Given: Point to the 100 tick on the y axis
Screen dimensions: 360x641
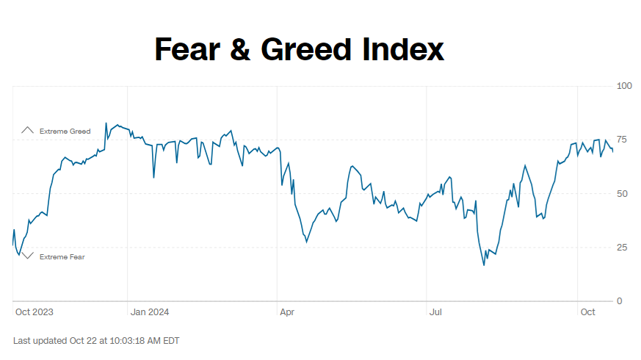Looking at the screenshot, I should click(624, 86).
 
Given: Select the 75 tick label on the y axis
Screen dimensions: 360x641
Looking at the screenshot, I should click(623, 140).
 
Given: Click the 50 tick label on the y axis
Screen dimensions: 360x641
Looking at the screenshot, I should click(623, 193).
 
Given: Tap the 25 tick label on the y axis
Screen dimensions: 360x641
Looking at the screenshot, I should click(623, 247).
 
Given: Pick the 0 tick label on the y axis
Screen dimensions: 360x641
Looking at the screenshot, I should click(620, 301).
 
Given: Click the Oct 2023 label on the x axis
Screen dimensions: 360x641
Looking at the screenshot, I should click(34, 312).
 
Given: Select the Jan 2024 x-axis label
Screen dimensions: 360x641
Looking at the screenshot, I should click(150, 312).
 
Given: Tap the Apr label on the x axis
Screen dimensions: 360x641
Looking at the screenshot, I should click(287, 312).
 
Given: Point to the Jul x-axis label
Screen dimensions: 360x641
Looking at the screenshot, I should click(435, 312).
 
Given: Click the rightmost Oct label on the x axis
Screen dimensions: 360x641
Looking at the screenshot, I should click(588, 312).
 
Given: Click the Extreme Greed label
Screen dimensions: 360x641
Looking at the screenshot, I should click(65, 132).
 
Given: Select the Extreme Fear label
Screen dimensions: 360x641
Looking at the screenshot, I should click(62, 257).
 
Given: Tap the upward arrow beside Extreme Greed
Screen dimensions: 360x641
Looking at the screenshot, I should click(28, 130).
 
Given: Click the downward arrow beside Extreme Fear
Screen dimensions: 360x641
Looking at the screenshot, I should click(28, 256).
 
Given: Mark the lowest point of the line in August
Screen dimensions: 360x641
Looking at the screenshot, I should click(484, 264).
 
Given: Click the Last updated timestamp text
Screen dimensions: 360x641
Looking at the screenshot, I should click(96, 341).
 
